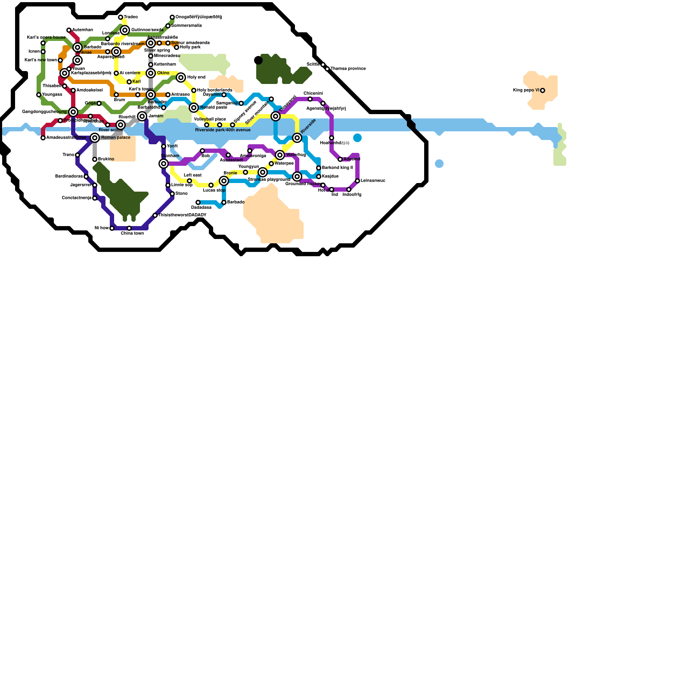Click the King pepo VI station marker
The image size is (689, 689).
543,90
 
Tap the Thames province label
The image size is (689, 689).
348,69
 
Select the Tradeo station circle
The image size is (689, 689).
121,17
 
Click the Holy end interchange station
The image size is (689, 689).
181,78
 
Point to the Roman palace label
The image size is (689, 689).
115,138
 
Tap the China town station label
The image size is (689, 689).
132,233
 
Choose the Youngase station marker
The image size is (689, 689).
39,95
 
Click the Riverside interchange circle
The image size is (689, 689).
297,138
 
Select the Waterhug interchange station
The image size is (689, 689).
280,155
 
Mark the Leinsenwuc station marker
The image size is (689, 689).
357,181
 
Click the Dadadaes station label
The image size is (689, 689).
201,208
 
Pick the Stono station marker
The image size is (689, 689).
172,194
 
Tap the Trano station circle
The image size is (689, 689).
78,155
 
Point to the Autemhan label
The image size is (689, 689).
83,30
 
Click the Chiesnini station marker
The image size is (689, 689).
310,99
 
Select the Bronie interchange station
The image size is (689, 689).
224,181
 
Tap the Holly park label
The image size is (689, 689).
190,47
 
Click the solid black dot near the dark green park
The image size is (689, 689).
258,60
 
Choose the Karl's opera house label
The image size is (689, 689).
46,37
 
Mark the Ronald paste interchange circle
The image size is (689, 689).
194,108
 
